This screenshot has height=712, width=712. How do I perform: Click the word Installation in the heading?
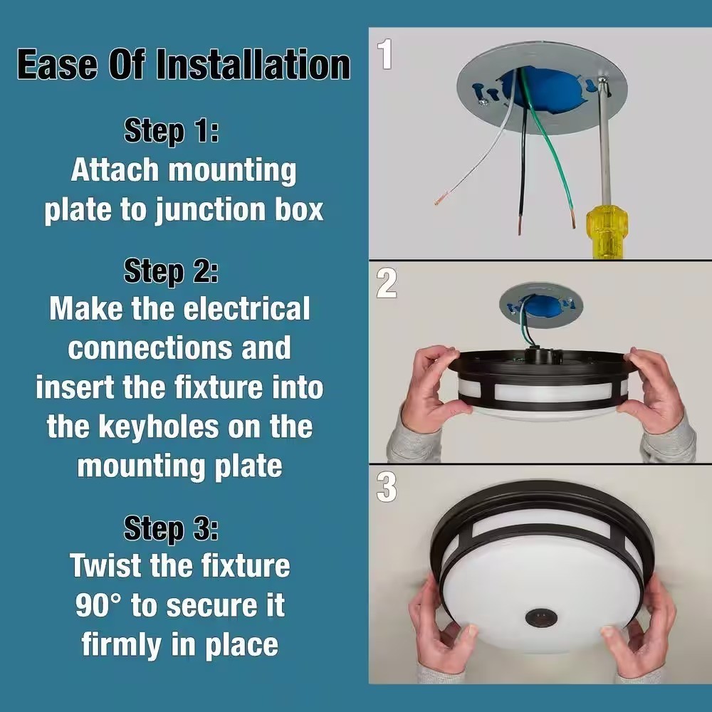click(253, 65)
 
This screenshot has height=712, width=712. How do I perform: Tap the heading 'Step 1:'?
click(172, 132)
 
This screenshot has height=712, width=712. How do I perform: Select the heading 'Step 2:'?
click(171, 272)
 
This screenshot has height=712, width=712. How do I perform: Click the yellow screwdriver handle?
click(607, 232)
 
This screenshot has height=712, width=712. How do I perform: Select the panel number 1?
click(385, 54)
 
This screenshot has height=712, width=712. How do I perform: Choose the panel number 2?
click(387, 283)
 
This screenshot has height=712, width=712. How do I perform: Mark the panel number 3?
click(387, 488)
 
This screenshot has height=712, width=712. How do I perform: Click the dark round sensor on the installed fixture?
click(541, 617)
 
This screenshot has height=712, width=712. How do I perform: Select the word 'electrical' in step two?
click(246, 309)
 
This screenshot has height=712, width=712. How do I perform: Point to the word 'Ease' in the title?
click(57, 65)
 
